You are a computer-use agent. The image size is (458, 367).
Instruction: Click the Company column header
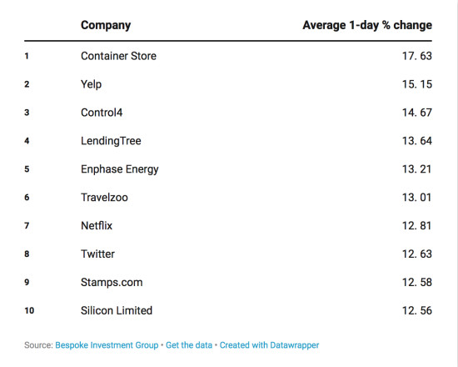pos(106,26)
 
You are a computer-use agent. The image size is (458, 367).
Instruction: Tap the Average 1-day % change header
pos(367,26)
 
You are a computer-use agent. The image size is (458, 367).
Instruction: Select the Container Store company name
pos(118,56)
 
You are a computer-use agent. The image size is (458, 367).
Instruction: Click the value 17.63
pos(417,56)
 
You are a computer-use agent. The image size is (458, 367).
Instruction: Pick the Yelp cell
pos(91,84)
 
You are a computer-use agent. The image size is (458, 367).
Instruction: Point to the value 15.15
pos(417,84)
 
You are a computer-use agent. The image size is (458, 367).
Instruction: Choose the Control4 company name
pos(102,113)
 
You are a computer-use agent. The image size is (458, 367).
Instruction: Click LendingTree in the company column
pos(111,141)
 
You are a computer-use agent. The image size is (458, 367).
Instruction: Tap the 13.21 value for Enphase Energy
pos(417,169)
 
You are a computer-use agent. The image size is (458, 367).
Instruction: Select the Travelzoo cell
pos(104,198)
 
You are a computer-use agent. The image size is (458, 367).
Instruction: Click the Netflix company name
pos(97,226)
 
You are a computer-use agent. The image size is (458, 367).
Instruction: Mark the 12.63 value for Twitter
pos(417,254)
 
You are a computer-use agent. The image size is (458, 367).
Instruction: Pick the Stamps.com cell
pos(112,283)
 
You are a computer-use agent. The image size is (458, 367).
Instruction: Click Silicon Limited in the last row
pos(117,310)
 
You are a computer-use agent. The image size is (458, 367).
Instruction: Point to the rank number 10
pos(29,310)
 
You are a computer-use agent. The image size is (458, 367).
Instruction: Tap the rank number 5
pos(27,169)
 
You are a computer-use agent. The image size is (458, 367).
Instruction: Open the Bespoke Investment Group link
pos(107,345)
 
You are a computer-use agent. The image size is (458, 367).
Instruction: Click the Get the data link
pos(189,345)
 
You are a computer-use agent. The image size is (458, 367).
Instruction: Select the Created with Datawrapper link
pos(269,345)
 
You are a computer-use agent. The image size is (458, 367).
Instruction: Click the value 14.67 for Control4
pos(417,113)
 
